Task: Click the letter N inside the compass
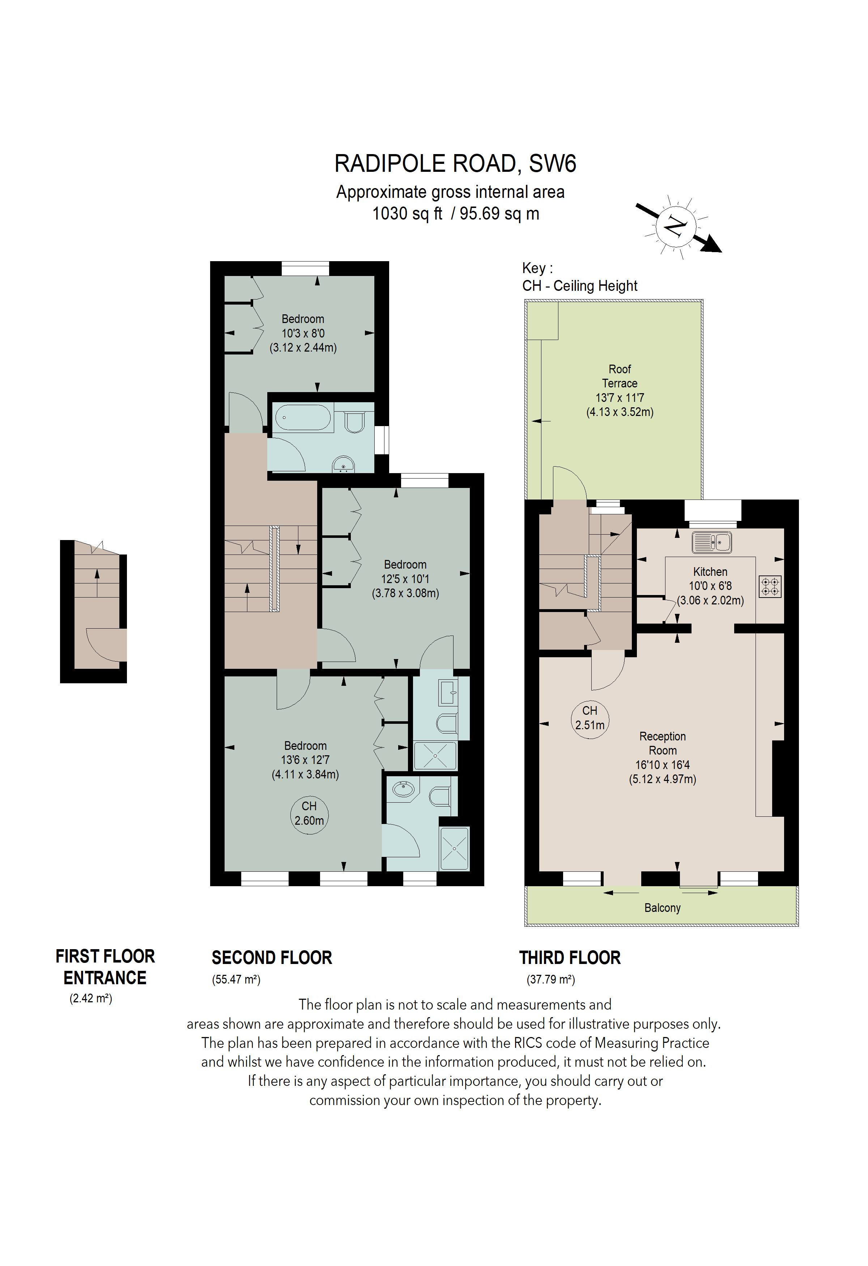point(675,225)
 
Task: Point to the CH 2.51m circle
point(590,718)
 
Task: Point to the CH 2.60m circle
point(309,813)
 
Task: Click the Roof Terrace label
point(620,377)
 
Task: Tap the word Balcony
point(662,908)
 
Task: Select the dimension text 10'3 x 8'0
point(303,334)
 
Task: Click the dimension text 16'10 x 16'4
point(662,765)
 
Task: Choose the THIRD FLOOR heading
point(570,958)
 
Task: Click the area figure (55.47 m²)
point(236,980)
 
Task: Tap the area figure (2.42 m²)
point(90,999)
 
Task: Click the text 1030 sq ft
point(407,213)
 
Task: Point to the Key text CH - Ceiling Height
point(579,286)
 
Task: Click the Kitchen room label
point(710,572)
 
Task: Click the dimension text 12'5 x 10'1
point(405,579)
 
